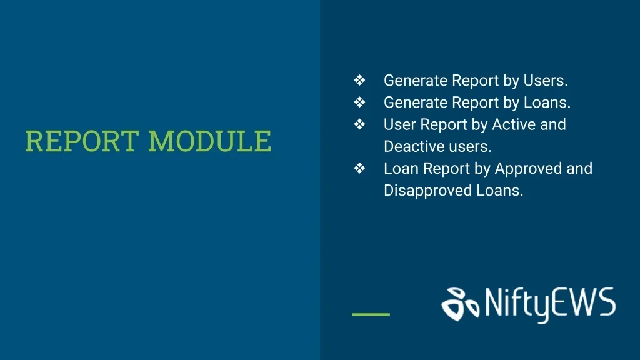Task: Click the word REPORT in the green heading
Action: pyautogui.click(x=82, y=141)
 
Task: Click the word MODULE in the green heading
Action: pyautogui.click(x=210, y=141)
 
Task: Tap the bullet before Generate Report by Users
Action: pyautogui.click(x=359, y=80)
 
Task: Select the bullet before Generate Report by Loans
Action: pyautogui.click(x=359, y=102)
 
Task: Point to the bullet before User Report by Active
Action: pyautogui.click(x=359, y=124)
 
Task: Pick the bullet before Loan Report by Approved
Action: pyautogui.click(x=359, y=168)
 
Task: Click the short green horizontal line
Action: pyautogui.click(x=371, y=314)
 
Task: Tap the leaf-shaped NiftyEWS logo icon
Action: pyautogui.click(x=461, y=304)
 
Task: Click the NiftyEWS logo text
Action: pyautogui.click(x=550, y=304)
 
